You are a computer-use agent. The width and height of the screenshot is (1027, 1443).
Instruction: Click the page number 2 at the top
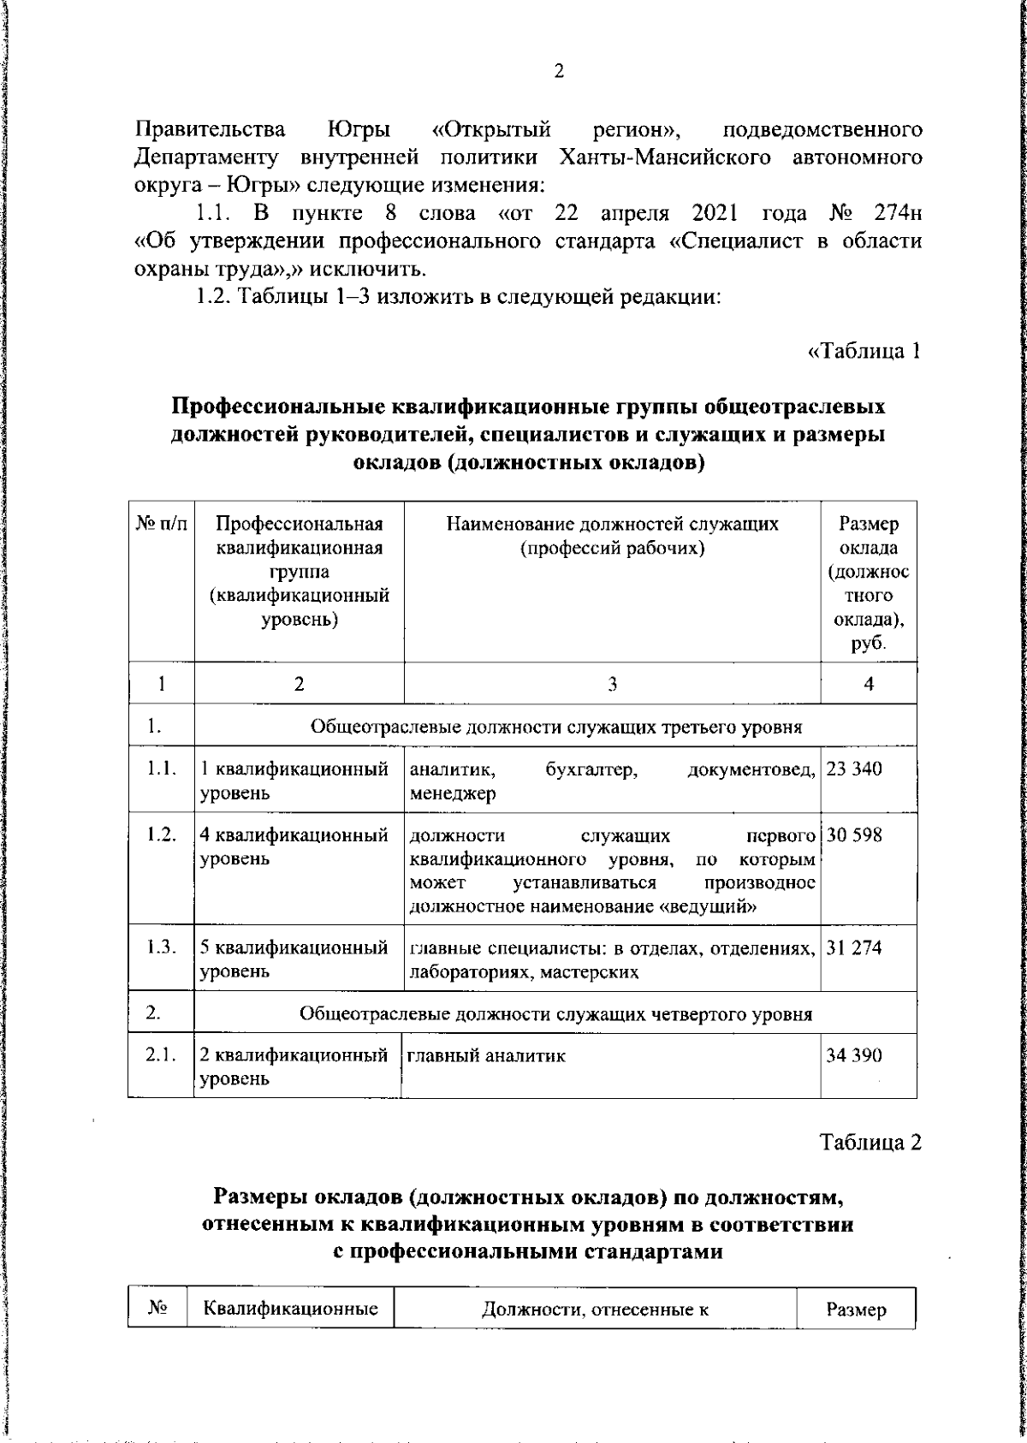pos(558,72)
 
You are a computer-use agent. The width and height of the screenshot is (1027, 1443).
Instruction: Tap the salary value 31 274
pos(853,947)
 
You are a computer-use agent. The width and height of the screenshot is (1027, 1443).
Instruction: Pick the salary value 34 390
pos(853,1055)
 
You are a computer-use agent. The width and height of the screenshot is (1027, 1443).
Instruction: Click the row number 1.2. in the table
pos(160,834)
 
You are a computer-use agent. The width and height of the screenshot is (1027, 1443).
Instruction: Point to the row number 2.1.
pos(160,1055)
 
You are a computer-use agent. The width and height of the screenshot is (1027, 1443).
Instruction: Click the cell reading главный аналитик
pos(485,1056)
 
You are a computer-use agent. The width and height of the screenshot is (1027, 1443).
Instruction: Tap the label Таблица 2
pos(871,1143)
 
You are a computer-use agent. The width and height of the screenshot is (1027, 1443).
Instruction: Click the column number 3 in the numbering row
pos(611,684)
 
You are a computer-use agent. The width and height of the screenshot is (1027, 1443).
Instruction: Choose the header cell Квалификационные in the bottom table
pos(291,1309)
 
